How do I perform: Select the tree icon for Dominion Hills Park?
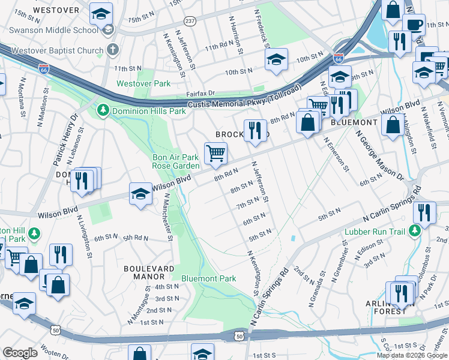click(103, 110)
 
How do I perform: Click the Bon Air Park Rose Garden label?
click(175, 161)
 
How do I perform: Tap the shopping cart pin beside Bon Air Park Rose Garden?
click(215, 152)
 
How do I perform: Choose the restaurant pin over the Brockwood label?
click(255, 130)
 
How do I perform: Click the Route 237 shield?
click(190, 21)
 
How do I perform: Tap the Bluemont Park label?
click(208, 278)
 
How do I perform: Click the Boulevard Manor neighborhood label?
click(149, 272)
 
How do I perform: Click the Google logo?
click(20, 353)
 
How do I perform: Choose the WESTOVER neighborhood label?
click(56, 10)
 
